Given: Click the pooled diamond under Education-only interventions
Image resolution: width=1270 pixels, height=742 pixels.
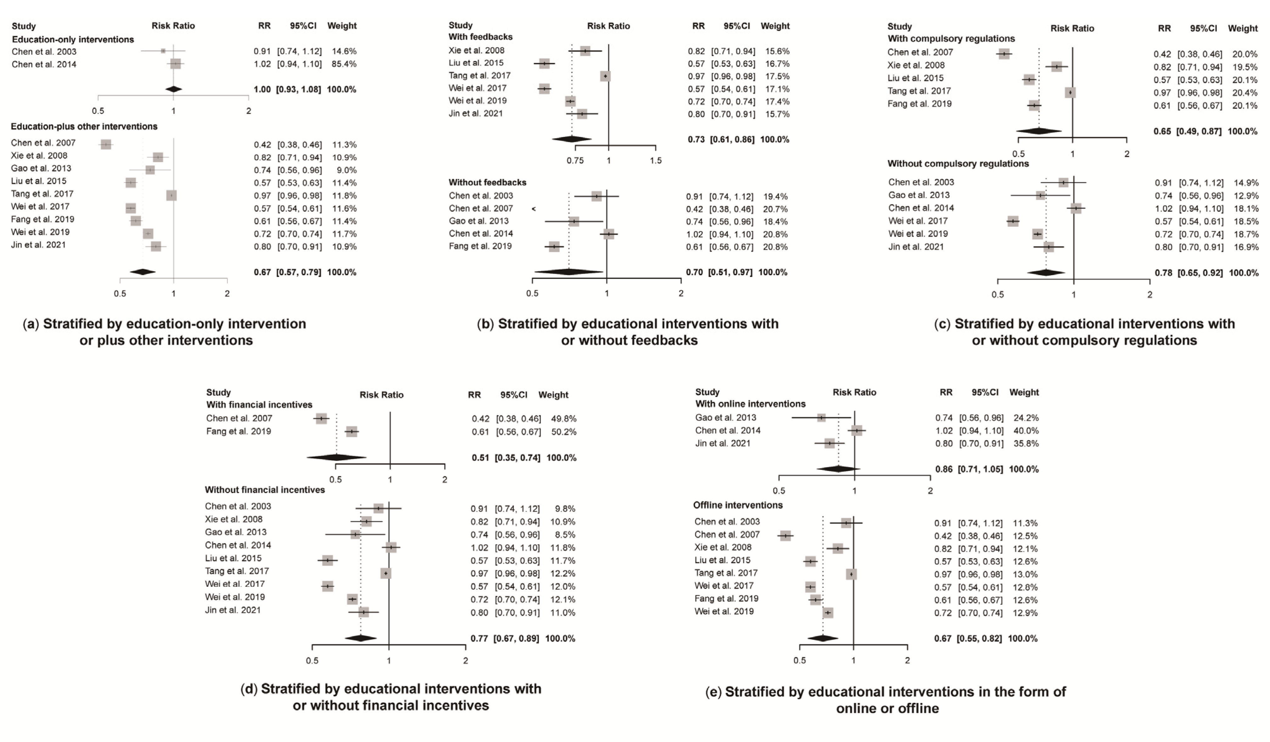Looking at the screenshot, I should (x=173, y=89).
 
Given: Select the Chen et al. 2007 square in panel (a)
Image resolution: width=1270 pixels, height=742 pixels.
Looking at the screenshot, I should (x=106, y=145).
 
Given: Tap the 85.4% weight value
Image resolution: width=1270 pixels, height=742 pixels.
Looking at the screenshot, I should (x=344, y=64).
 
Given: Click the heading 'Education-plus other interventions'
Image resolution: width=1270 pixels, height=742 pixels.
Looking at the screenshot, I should (x=84, y=127).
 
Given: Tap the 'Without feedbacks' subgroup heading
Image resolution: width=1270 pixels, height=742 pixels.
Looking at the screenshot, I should (x=487, y=183).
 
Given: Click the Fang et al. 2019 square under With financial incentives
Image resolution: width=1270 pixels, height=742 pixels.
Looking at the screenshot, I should (x=352, y=432).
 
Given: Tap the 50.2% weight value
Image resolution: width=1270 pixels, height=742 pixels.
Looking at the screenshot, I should (x=564, y=432).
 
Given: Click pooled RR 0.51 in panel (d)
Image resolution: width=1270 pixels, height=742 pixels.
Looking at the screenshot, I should (x=480, y=458).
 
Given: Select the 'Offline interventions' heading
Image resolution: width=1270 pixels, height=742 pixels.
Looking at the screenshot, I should (x=738, y=505).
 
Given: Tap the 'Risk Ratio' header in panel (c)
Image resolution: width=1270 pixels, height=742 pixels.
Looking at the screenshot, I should (x=1072, y=29).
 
